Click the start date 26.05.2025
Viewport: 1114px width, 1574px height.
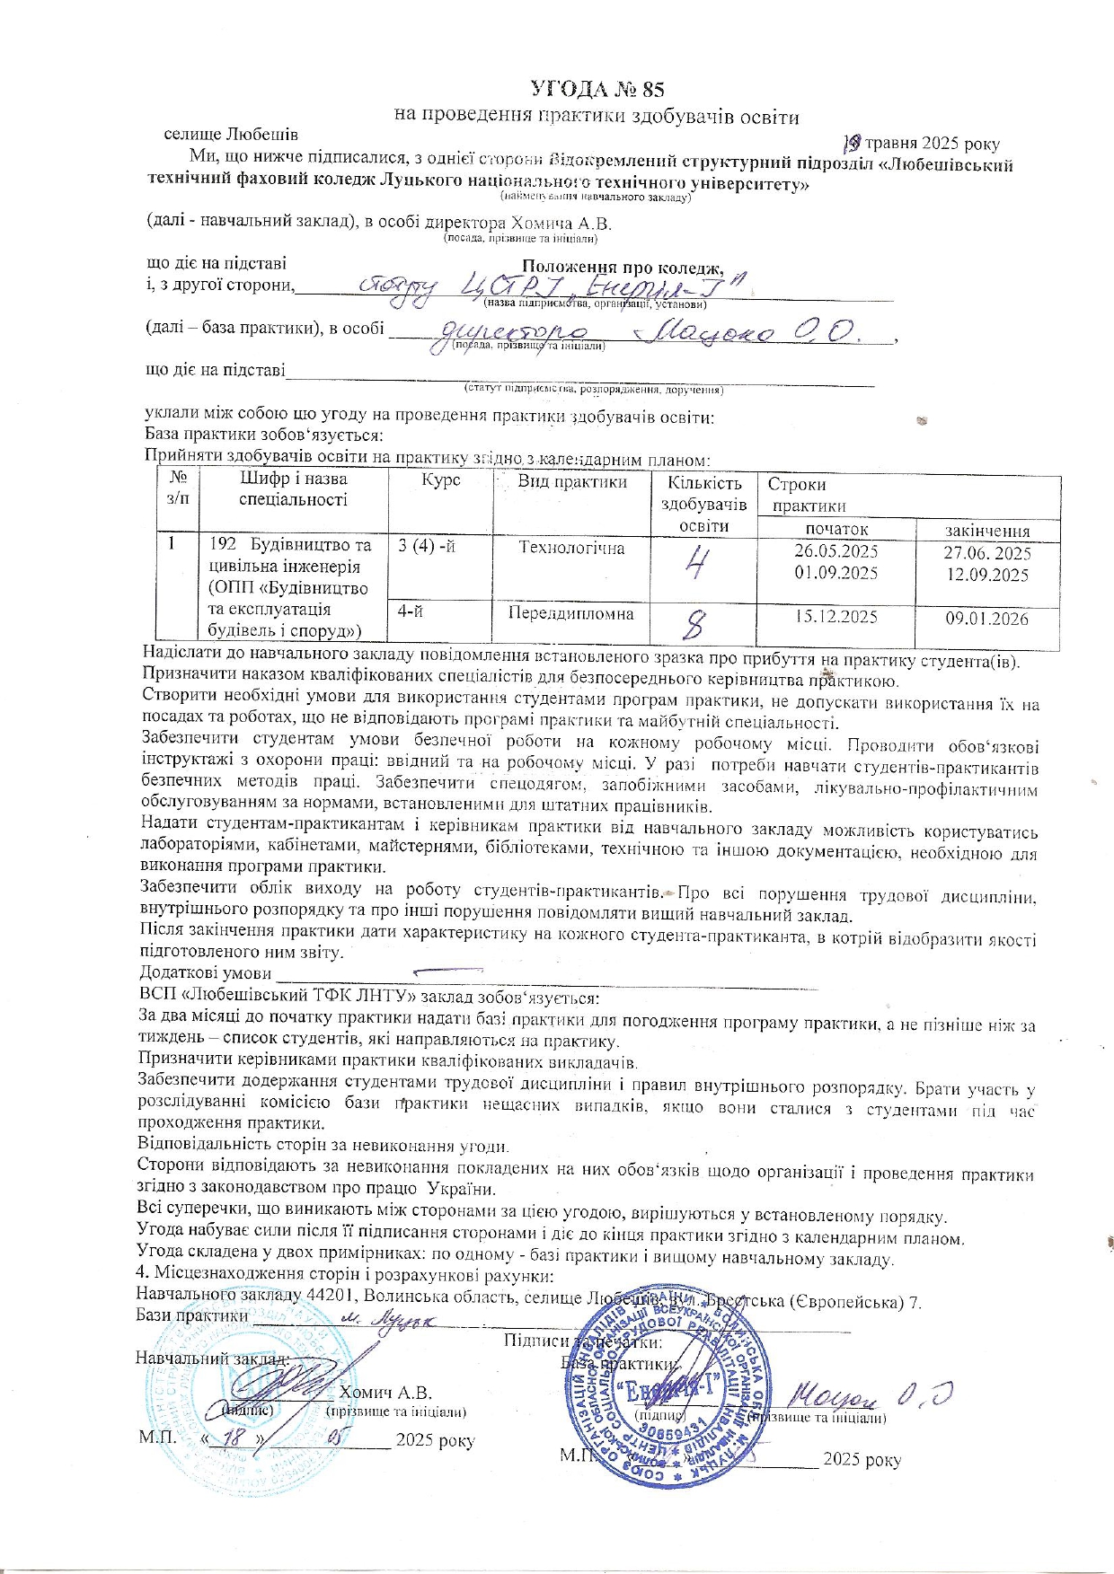click(835, 551)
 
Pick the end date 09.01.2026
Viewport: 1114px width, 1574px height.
click(986, 619)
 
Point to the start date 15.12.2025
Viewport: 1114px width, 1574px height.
click(835, 617)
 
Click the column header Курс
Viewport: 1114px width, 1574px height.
click(440, 481)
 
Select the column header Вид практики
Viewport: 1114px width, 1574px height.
click(572, 481)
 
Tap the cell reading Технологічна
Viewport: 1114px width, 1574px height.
click(571, 548)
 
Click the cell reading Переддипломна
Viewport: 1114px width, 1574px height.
click(571, 614)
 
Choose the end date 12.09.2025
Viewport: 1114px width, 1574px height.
click(987, 575)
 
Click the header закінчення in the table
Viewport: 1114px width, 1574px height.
click(987, 531)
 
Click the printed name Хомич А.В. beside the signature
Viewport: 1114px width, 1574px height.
click(386, 1393)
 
